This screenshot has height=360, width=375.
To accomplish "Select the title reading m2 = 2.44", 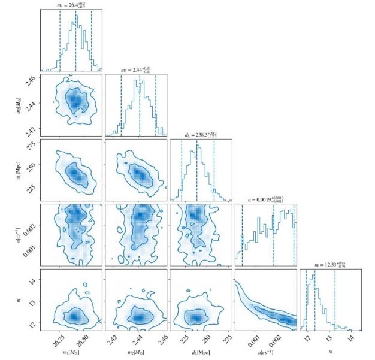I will coord(135,71).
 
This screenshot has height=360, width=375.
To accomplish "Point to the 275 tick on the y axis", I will coord(33,146).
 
